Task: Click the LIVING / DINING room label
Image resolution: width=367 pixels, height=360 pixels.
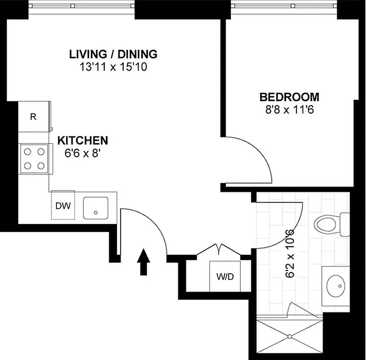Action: click(113, 54)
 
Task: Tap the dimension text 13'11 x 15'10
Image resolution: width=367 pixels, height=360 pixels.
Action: click(113, 67)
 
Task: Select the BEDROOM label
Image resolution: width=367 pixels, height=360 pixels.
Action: click(289, 97)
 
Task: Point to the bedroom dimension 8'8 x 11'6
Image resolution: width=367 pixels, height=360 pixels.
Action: click(289, 109)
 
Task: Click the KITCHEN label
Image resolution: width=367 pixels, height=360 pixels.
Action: click(82, 140)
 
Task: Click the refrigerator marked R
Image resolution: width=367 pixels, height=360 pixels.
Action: click(33, 117)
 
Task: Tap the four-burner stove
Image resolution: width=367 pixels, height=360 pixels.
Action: click(34, 158)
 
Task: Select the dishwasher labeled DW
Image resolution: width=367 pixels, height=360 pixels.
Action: click(63, 206)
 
